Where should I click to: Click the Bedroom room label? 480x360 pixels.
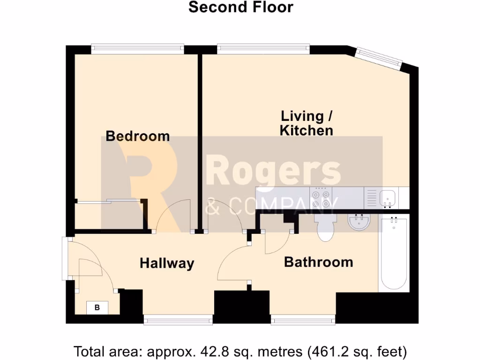tap(138, 136)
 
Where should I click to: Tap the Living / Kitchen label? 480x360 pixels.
tap(307, 123)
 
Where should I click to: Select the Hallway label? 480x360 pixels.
tap(167, 263)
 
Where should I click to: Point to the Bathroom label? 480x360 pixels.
tap(319, 262)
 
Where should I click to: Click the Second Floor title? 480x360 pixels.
tap(240, 7)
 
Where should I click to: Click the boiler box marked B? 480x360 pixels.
tap(97, 307)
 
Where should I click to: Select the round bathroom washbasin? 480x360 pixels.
tap(359, 222)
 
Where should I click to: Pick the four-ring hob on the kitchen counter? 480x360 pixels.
tap(321, 198)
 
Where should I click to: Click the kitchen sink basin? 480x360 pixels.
tap(387, 198)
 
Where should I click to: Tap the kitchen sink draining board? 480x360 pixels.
tap(372, 198)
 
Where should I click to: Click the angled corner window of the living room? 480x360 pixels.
tap(378, 59)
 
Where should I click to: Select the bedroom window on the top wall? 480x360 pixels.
tap(137, 49)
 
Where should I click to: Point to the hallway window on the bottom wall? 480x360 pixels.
tap(178, 320)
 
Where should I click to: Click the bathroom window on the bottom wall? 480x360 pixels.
tap(303, 320)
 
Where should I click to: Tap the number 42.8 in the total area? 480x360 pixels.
tap(211, 352)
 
